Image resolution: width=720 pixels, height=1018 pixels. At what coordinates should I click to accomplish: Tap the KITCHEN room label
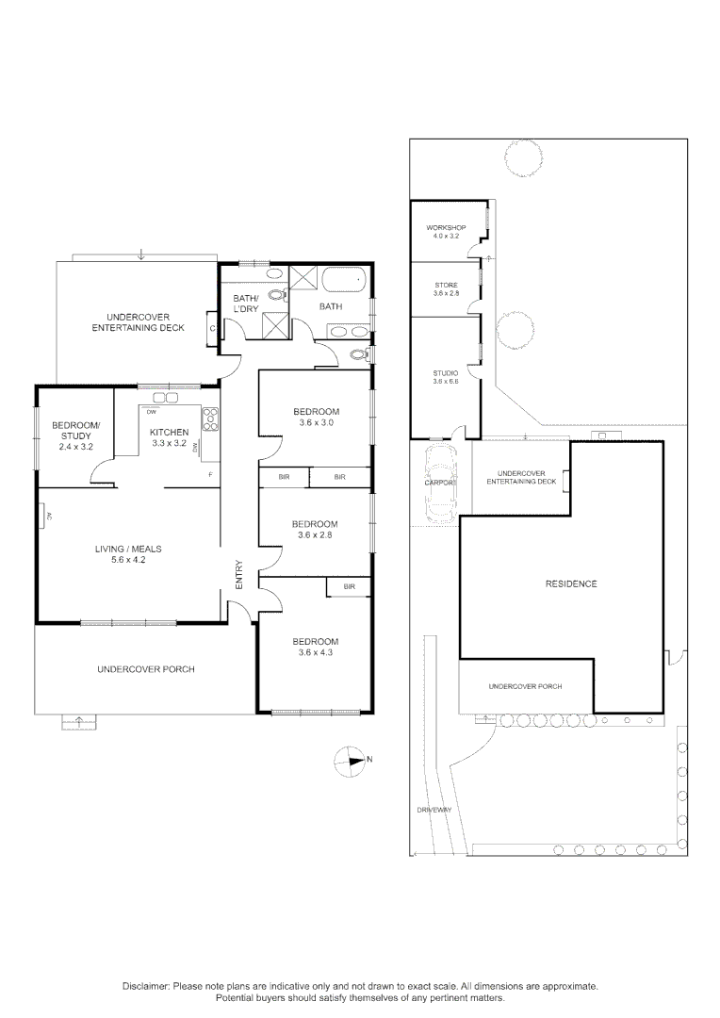(x=171, y=433)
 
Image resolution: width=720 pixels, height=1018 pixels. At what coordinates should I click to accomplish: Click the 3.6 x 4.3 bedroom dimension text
(x=316, y=652)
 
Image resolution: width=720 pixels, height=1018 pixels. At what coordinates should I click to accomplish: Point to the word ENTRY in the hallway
(x=239, y=576)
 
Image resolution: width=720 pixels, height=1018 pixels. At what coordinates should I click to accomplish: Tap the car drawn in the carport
(x=441, y=484)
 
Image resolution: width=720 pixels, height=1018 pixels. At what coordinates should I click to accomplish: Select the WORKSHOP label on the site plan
(x=447, y=228)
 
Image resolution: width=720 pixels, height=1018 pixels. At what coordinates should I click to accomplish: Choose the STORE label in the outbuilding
(x=446, y=285)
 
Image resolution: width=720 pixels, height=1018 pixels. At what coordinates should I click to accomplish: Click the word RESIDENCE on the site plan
(x=571, y=584)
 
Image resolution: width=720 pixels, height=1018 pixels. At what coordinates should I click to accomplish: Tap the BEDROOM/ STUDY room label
(x=71, y=430)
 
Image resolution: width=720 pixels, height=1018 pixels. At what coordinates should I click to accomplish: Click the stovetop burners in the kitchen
(x=210, y=419)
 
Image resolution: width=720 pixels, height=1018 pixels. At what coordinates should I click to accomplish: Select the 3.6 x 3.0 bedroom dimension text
(x=316, y=423)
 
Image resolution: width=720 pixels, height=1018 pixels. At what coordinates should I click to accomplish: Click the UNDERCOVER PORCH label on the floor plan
(x=145, y=669)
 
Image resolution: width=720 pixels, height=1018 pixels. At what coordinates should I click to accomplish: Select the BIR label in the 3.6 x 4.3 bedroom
(x=349, y=586)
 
